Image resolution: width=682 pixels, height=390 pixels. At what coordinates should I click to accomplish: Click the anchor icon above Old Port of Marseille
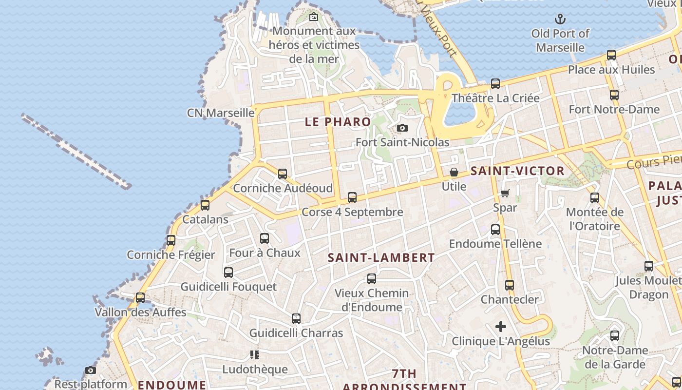(560, 19)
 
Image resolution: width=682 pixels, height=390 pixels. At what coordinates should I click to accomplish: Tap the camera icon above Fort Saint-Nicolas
(402, 128)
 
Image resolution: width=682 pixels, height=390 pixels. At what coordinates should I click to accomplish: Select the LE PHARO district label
(338, 122)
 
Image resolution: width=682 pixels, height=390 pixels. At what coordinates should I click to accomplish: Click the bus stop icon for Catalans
(205, 205)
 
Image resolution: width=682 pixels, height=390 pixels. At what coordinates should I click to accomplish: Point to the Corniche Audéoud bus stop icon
(282, 174)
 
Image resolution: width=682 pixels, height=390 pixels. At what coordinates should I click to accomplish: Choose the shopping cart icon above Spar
(505, 194)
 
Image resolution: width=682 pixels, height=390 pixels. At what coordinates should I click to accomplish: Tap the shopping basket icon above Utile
(454, 172)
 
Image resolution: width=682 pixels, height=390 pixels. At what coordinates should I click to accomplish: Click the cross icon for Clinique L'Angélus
(501, 327)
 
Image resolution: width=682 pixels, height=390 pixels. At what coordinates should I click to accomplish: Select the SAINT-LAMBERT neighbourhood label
(381, 258)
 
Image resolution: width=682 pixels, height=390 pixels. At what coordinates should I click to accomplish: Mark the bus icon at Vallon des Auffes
(140, 297)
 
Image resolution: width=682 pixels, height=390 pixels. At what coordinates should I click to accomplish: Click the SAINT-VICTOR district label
(517, 171)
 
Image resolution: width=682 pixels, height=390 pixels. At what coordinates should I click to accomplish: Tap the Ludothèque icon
(254, 354)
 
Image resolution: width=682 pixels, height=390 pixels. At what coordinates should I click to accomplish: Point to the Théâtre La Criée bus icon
(495, 84)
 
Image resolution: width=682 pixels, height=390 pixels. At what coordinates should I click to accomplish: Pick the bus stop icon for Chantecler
(510, 285)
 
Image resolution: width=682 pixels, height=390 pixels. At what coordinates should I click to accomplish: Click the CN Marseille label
(221, 113)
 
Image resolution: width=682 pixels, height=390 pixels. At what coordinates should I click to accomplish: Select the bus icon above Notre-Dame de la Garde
(615, 336)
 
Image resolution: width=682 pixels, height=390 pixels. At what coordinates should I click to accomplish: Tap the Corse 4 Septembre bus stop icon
(352, 197)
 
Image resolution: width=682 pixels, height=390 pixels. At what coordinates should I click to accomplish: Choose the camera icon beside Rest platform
(91, 370)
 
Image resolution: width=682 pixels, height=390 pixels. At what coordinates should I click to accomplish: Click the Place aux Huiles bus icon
(611, 55)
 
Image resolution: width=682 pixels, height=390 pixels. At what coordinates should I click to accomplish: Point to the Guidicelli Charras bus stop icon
(296, 319)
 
